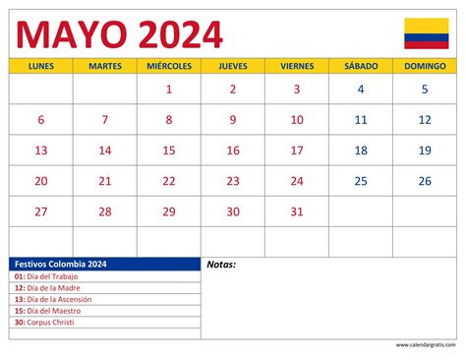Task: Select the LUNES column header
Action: (41, 66)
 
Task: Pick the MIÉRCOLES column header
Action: (169, 66)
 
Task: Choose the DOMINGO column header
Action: (425, 66)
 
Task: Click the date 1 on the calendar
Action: (169, 90)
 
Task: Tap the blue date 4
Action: (361, 90)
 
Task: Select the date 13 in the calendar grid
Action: (41, 150)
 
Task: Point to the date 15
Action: (169, 150)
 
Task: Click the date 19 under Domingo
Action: (425, 150)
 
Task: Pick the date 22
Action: (169, 181)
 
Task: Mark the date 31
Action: (297, 211)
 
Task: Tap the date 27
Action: (41, 211)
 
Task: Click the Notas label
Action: (222, 265)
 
